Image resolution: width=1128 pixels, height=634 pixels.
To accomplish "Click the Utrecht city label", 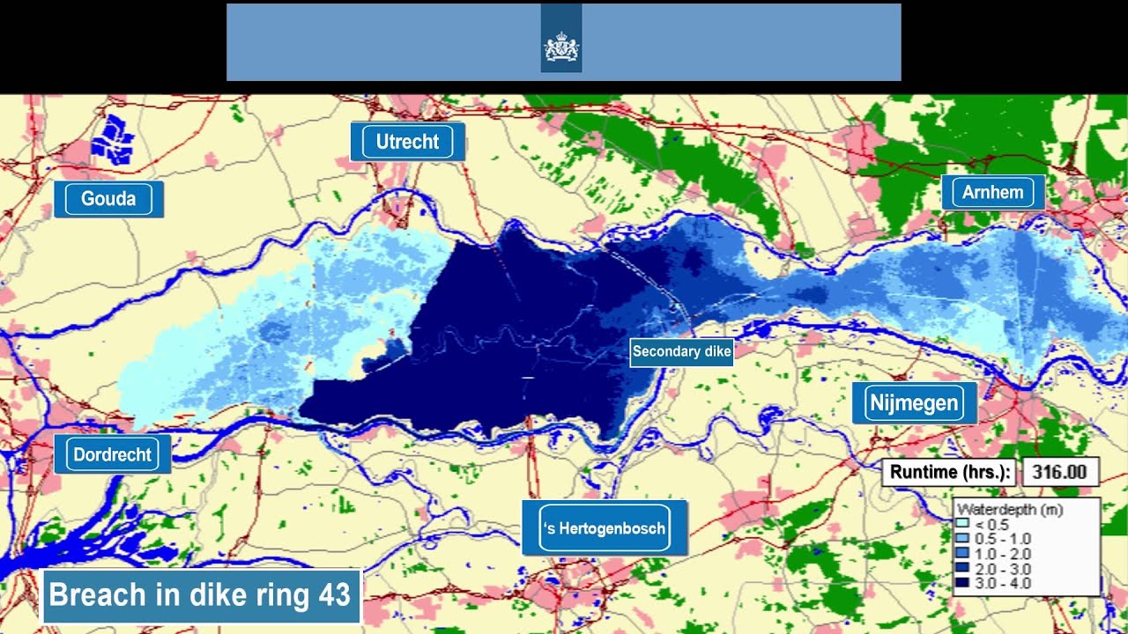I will pos(407,142).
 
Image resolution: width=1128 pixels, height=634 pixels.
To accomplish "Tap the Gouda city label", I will pos(108,199).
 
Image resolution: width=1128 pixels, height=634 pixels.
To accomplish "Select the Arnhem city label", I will pos(992,193).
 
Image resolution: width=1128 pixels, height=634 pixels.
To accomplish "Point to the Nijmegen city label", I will pos(914,403).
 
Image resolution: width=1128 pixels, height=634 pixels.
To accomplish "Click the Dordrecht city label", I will pos(112,455).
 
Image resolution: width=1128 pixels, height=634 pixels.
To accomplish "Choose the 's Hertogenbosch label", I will pos(604,528).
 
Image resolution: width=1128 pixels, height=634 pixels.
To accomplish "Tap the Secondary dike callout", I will pos(681,352).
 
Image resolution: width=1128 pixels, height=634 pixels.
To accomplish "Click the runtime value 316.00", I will pos(1059,472).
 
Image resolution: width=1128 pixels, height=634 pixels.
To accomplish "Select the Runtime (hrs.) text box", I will pos(948,472).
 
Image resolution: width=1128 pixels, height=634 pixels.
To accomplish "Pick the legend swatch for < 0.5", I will pos(962,524).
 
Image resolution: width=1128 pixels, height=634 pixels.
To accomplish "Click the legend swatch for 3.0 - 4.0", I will pos(962,583).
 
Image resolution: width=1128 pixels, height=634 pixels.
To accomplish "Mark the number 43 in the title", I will pos(334,595).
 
